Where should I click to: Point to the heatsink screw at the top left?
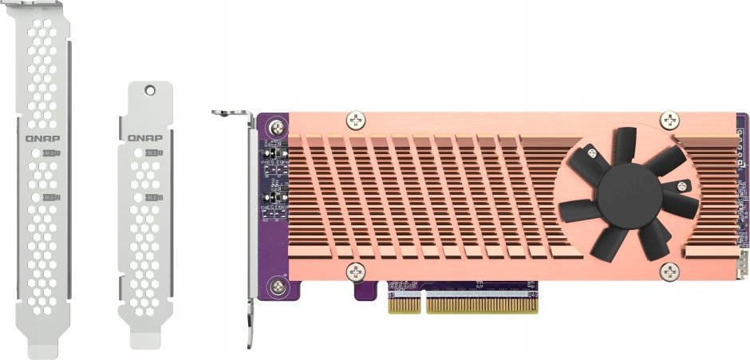tap(355, 121)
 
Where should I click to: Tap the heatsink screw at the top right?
tap(671, 121)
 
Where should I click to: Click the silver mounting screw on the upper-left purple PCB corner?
tap(276, 126)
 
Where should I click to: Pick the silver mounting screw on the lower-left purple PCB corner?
tap(276, 285)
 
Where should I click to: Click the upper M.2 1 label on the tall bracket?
tap(52, 152)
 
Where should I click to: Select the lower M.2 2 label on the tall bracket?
tap(52, 196)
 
